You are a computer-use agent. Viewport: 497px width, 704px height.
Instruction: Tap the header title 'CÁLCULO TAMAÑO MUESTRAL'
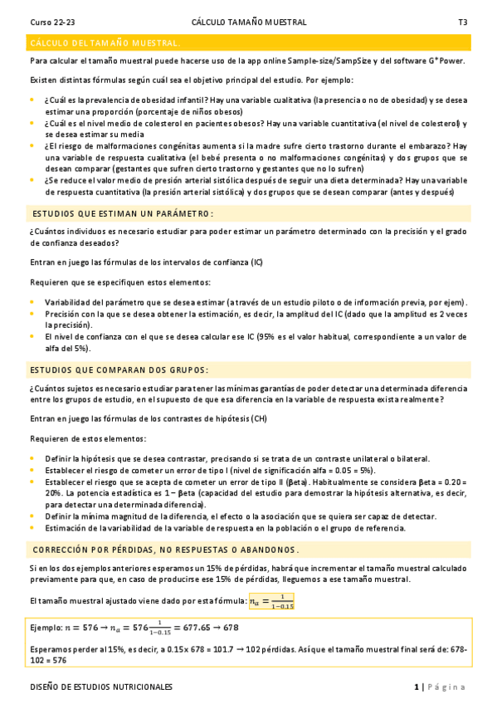[248, 22]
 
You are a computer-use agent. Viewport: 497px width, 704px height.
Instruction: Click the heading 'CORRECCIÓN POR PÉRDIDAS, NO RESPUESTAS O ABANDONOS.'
[165, 550]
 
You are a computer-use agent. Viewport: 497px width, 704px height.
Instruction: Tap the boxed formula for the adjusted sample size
[271, 600]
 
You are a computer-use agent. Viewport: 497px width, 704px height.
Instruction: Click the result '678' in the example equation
[231, 628]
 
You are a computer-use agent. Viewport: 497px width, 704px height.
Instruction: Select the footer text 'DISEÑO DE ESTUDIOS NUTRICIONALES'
[101, 687]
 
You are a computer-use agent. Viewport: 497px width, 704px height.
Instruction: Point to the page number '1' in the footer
[417, 687]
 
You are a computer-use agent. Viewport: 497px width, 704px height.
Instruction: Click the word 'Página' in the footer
[448, 687]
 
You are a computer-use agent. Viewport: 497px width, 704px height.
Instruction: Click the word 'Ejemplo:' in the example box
[46, 628]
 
